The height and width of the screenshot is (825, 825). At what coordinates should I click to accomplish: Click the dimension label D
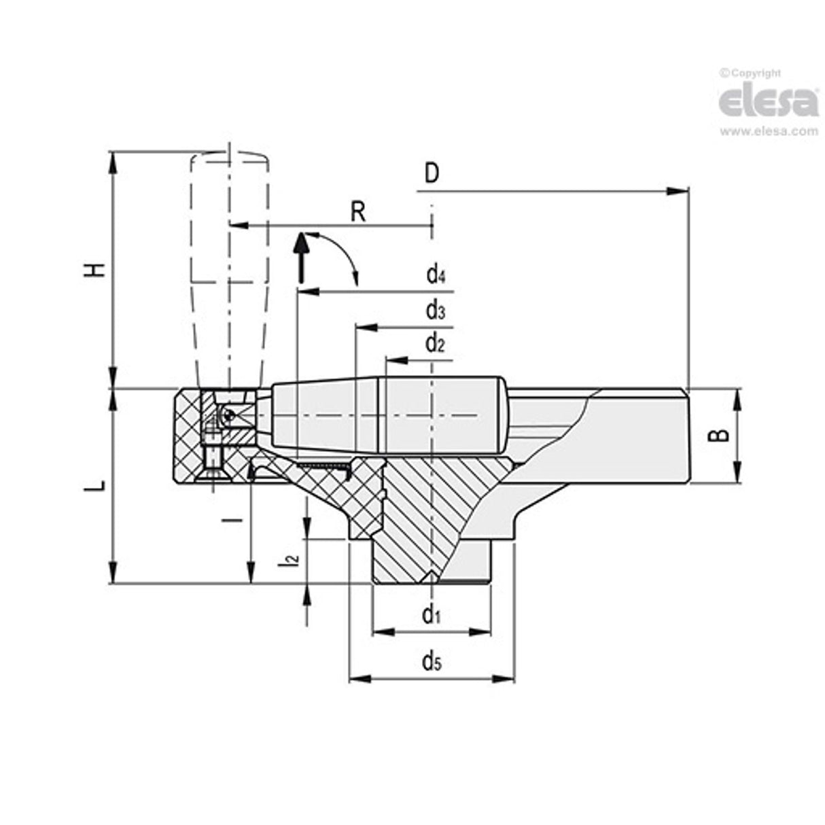pos(432,174)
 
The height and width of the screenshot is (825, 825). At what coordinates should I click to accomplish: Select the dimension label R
pos(359,212)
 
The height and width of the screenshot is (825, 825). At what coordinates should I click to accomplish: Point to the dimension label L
pos(98,485)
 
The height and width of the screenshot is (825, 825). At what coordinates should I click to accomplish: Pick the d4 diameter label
pos(436,275)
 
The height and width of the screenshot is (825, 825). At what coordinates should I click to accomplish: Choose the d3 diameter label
pos(436,311)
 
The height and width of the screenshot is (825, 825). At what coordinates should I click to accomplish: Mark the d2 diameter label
pos(435,345)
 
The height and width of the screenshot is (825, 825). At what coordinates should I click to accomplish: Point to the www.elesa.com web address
pos(769,132)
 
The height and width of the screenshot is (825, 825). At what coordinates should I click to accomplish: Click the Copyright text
pos(750,73)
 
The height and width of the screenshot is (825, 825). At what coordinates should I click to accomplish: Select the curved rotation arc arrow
pos(343,255)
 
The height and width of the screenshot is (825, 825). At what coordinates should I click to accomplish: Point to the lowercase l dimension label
pos(234,520)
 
